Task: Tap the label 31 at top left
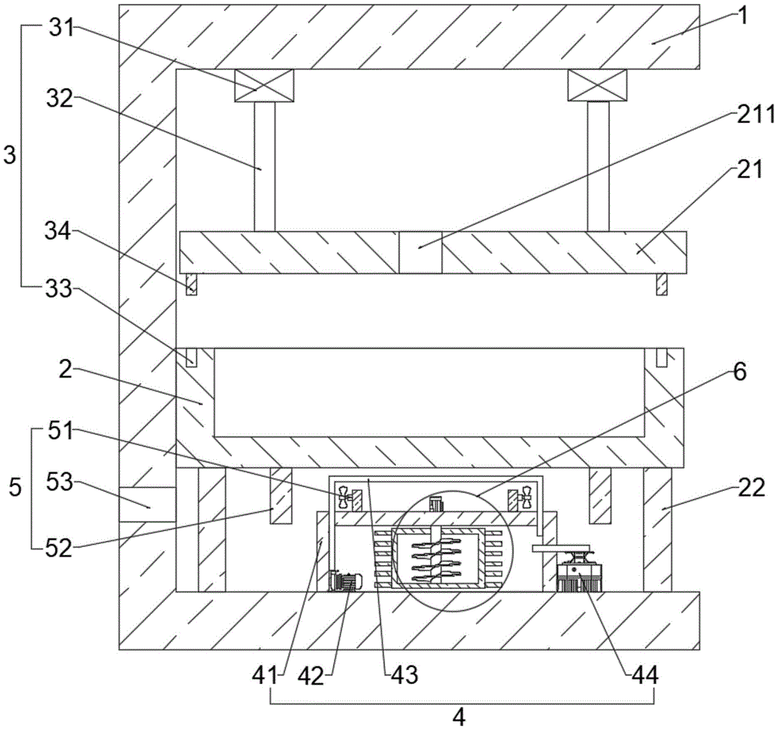[61, 28]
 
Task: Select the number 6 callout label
[739, 372]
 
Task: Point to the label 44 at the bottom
[645, 675]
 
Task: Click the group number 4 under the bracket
[461, 717]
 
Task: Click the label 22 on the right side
[752, 488]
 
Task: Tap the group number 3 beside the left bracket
[10, 156]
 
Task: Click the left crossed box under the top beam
[264, 86]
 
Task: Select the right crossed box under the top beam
[598, 86]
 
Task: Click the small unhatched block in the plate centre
[420, 252]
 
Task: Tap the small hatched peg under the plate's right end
[662, 284]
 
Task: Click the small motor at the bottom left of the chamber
[345, 581]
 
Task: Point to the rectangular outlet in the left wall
[148, 504]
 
